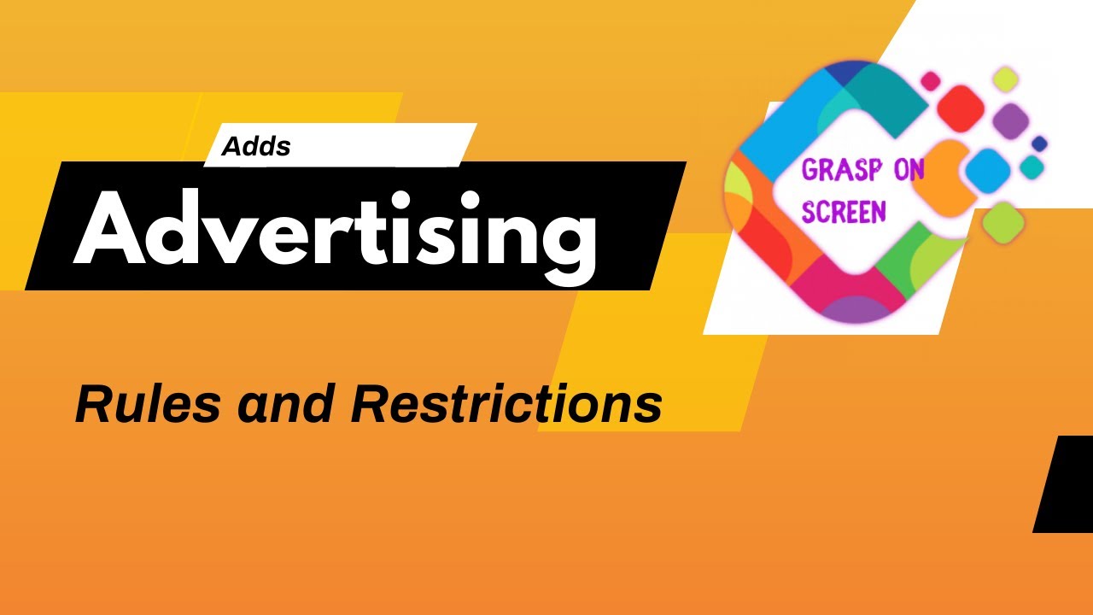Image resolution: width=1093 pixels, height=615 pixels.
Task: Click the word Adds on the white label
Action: (x=256, y=147)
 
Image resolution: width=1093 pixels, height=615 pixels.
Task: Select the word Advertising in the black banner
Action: (x=335, y=228)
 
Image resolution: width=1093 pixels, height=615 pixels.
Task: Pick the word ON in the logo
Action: (x=907, y=170)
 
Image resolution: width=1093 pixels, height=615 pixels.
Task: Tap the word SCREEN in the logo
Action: (x=843, y=211)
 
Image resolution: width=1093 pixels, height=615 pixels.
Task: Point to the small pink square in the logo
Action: (x=930, y=81)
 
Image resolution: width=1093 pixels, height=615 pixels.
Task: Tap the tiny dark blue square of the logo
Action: (x=1039, y=143)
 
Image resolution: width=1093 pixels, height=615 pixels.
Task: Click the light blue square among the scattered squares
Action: (x=988, y=168)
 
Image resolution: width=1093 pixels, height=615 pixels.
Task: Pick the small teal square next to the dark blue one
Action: (x=1032, y=167)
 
